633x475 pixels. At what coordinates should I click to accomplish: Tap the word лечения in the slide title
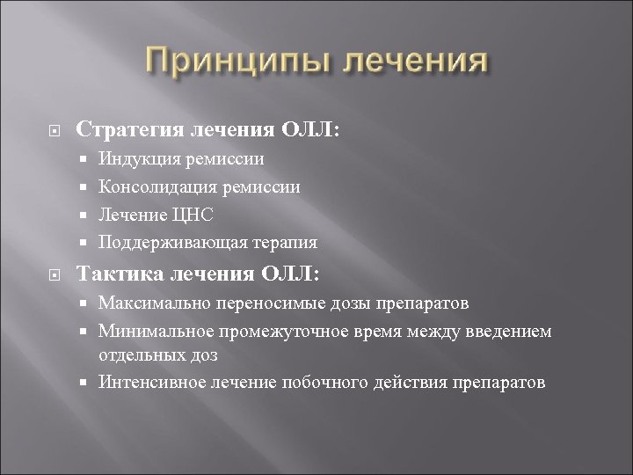point(412,64)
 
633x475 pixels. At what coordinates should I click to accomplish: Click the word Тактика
point(118,274)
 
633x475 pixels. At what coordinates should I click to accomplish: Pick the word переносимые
point(261,303)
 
